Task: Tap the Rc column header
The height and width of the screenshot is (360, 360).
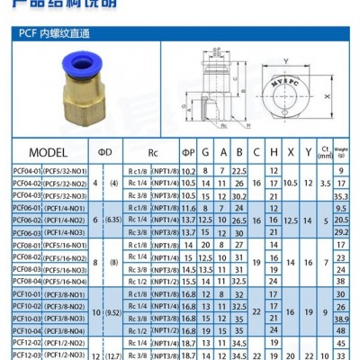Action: coord(154,151)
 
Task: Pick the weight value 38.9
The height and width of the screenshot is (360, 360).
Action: coord(341,319)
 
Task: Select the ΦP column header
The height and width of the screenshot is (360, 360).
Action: coord(189,151)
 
